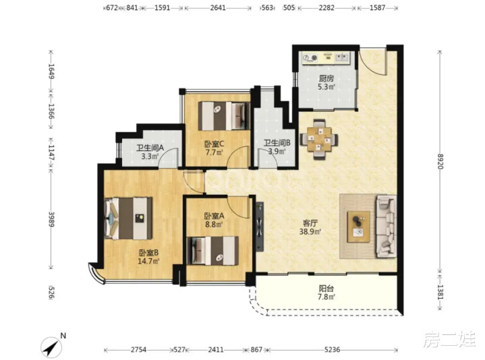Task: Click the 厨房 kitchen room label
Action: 326,78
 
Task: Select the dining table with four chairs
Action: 319,140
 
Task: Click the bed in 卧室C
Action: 224,116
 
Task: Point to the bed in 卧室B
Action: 128,218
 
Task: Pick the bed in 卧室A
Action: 213,251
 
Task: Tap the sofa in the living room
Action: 386,227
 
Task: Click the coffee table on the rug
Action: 359,227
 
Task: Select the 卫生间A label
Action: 150,148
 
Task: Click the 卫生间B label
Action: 277,143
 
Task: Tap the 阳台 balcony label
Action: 326,289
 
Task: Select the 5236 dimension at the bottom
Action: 333,350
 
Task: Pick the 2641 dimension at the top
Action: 218,7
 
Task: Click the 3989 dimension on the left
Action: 52,219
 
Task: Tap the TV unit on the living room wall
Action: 260,227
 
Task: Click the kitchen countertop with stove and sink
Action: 326,59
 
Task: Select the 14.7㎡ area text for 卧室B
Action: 149,261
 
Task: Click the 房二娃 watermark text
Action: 449,339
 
